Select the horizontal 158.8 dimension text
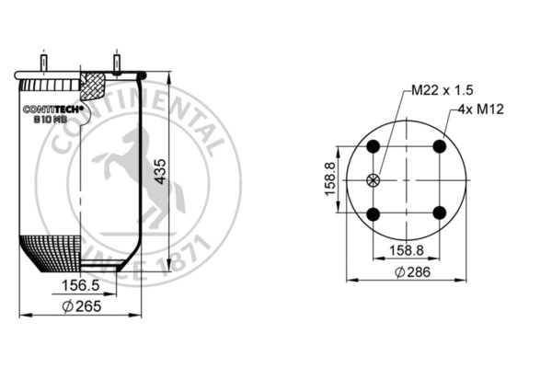406,248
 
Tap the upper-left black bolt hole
374,147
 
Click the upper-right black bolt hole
439,147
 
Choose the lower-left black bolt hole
374,213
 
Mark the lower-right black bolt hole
439,213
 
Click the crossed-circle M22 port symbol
374,180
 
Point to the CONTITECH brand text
52,109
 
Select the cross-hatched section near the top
94,88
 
